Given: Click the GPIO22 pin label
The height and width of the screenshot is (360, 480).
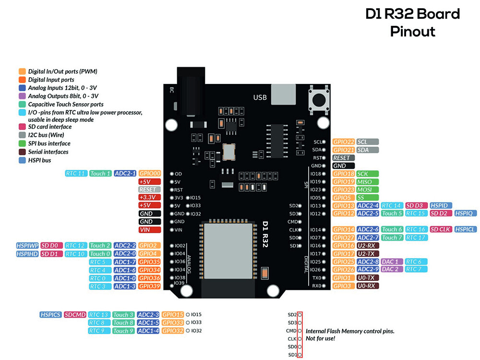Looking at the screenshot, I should pos(344,142).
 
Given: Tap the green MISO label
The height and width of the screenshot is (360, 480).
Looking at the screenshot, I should pos(367,182).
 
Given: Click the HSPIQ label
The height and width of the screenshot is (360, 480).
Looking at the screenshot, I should pos(465,213).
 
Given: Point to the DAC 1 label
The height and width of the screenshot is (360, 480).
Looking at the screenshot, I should pos(390,262).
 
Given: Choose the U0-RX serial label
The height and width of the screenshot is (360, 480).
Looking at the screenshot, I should pos(368,286).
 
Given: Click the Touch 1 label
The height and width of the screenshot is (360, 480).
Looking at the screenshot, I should pos(101,173).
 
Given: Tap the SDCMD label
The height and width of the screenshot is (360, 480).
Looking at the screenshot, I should pos(75,315).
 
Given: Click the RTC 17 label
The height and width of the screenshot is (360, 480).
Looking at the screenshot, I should pos(416,238).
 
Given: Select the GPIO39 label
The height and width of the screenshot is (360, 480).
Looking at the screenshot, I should pos(149,286).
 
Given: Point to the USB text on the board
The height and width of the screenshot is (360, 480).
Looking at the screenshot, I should pos(260,97).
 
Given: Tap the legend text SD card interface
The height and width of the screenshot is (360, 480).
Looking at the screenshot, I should pos(50,127).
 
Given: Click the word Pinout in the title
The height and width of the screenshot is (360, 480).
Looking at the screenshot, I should pos(412,32).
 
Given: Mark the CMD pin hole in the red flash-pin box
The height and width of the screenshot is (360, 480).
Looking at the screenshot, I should pos(300,331).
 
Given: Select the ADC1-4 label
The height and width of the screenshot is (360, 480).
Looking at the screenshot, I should pos(148,331).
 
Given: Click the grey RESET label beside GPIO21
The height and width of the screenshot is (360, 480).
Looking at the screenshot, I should pos(344,157).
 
